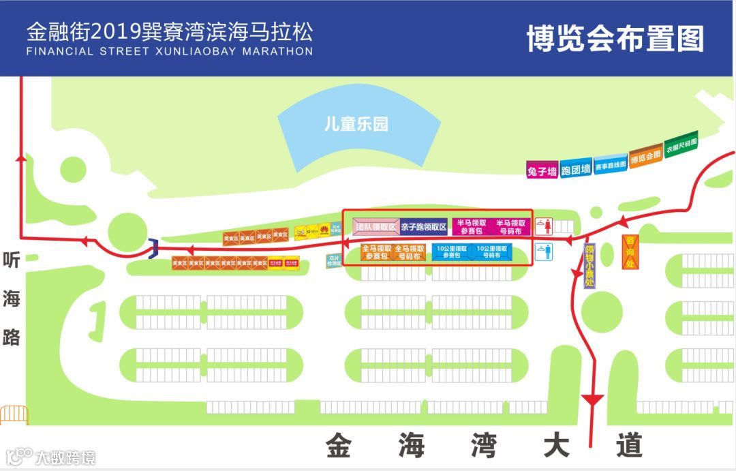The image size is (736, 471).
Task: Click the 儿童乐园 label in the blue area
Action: click(356, 125)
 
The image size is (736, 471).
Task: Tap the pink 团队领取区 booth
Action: click(375, 227)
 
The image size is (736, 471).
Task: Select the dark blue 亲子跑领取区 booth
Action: click(423, 227)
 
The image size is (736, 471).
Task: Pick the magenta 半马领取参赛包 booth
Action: click(472, 227)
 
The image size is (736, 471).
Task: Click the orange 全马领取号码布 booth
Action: click(410, 253)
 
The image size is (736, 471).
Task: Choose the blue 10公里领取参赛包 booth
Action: click(452, 252)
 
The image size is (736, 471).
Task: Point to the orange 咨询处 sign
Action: click(630, 252)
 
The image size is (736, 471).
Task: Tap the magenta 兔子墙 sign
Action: click(542, 170)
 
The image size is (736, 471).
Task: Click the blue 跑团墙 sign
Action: click(576, 169)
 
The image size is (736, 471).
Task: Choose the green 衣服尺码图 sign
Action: click(681, 146)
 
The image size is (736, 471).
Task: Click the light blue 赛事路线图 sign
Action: click(611, 164)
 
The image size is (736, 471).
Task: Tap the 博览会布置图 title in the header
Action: click(615, 39)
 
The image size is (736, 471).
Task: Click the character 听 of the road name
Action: click(12, 261)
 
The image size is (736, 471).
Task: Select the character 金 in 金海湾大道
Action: click(338, 446)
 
